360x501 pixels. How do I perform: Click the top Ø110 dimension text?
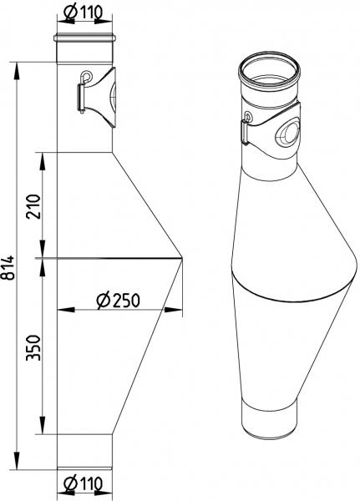coord(84,13)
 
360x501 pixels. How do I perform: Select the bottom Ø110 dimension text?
coord(84,483)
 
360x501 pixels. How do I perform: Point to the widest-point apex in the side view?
coord(181,258)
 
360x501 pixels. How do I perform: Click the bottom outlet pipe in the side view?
coord(84,452)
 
